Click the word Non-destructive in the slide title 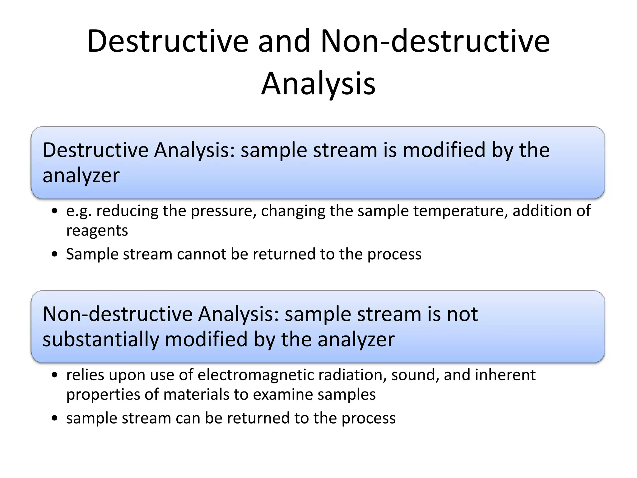[x=435, y=41]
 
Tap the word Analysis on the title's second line [x=318, y=83]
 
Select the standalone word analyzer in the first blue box [x=81, y=175]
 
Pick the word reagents [x=97, y=231]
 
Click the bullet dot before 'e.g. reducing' [x=55, y=211]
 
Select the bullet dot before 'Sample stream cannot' [x=55, y=255]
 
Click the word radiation [x=348, y=375]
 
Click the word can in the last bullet [x=188, y=418]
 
